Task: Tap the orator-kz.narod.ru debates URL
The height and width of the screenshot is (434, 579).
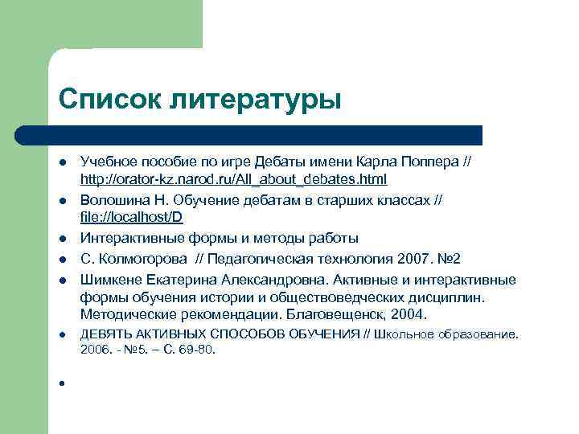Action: click(x=233, y=178)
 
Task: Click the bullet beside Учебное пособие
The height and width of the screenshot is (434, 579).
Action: click(x=61, y=162)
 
